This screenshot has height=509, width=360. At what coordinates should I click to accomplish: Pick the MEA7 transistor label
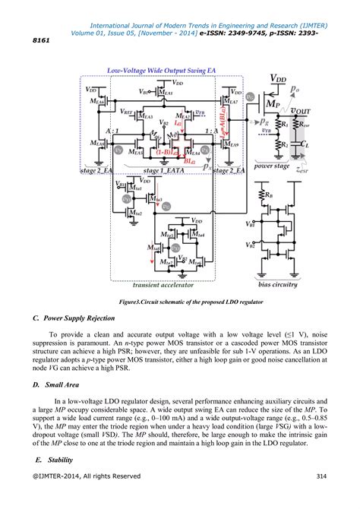[231, 101]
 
